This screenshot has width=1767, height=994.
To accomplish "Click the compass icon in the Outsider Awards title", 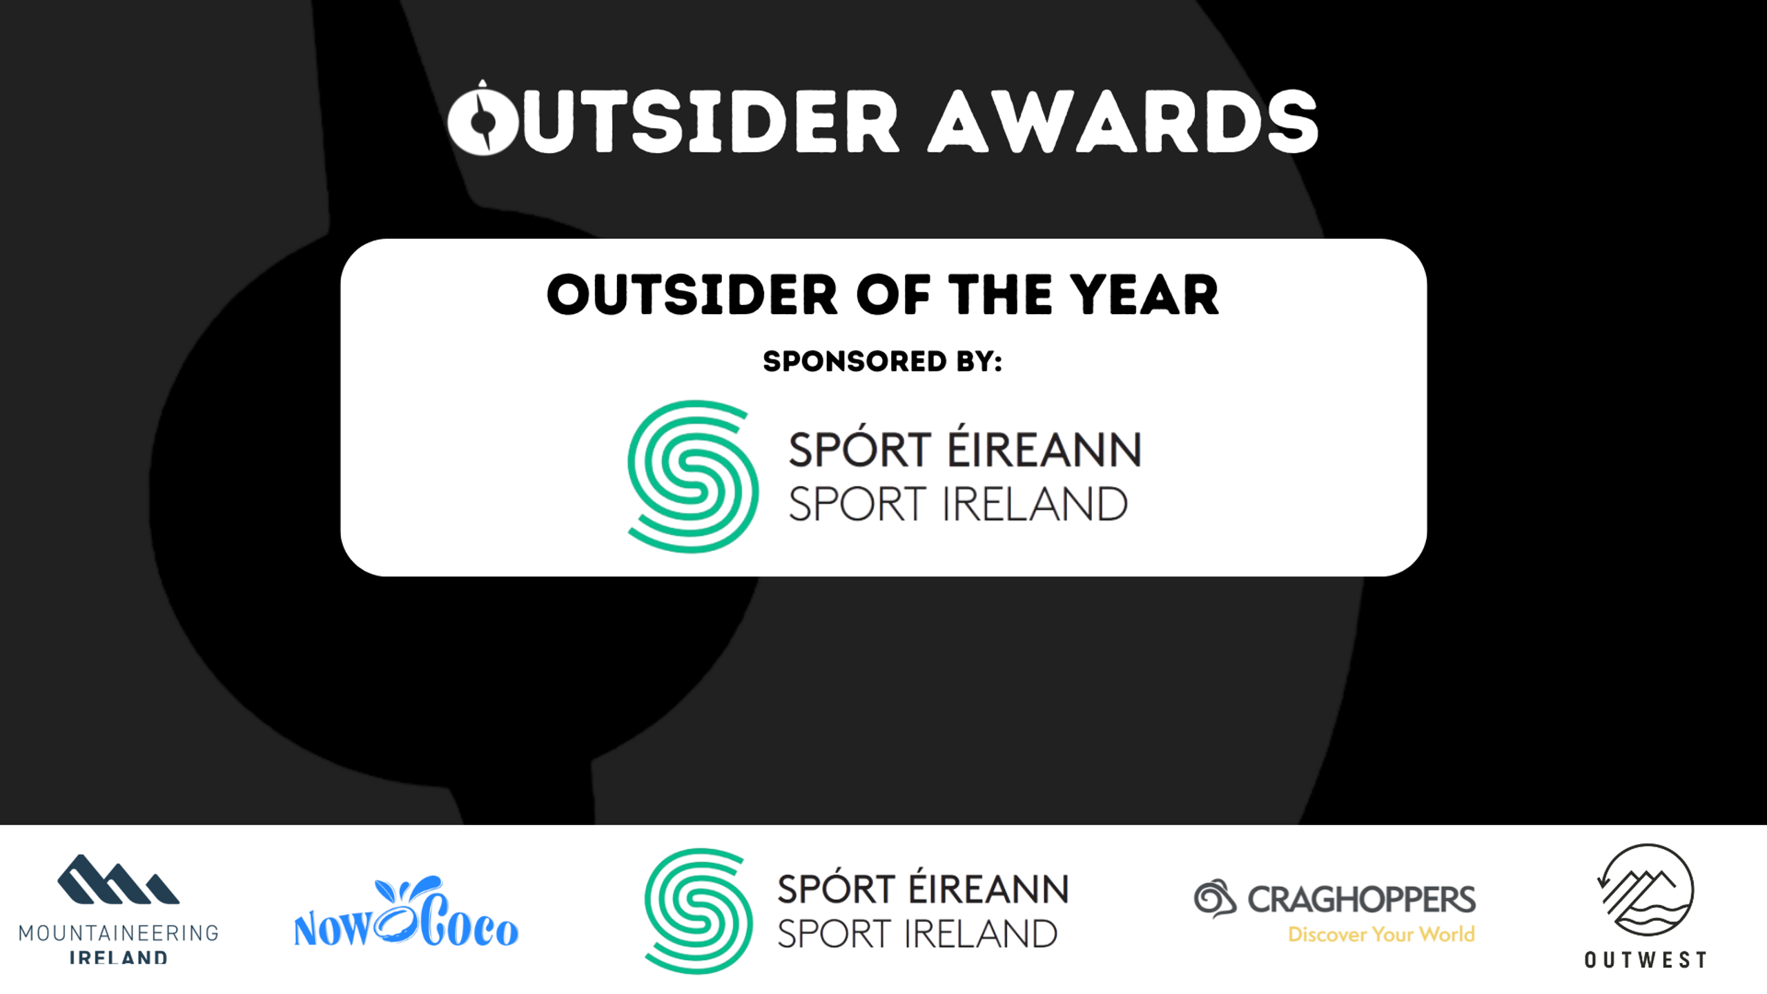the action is coord(482,118).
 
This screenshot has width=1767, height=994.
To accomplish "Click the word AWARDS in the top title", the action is coord(1123,121).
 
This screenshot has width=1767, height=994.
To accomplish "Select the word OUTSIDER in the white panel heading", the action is coord(692,295).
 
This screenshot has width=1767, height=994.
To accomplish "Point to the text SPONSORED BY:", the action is coord(883,361).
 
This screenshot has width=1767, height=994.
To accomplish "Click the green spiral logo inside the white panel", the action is coord(692,476).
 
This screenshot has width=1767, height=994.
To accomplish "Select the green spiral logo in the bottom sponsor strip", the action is coord(698,910).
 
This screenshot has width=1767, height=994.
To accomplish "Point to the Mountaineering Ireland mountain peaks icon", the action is coord(118,879).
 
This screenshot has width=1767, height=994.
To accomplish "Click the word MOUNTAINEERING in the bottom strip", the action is coord(118,933).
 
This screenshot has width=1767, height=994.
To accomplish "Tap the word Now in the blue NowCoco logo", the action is coord(333,929).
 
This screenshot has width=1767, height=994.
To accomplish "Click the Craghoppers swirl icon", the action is coord(1215,898).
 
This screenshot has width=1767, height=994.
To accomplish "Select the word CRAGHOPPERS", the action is coord(1361,899).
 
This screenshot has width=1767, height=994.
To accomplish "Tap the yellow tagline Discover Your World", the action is coord(1381,935).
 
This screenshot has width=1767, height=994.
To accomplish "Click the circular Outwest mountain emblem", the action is coord(1646,890).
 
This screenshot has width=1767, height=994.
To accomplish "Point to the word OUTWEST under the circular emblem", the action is coord(1646,960).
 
